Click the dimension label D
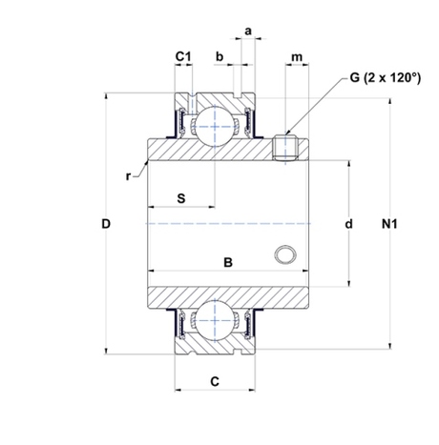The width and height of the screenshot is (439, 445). pos(106,224)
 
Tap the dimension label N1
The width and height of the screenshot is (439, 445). pos(389,224)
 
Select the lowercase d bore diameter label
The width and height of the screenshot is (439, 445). pos(349,224)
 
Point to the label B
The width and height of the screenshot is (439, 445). pos(228,263)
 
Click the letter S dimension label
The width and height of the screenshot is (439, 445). pos(181,198)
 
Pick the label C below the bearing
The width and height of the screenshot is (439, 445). pos(215,381)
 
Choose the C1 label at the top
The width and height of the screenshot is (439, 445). pos(183,56)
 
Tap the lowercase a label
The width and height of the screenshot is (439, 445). pos(248,31)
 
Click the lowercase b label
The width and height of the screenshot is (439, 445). pos(219,56)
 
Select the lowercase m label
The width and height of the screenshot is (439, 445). pos(297,57)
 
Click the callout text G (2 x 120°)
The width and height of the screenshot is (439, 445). pos(385,77)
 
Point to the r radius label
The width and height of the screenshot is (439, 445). pos(128,176)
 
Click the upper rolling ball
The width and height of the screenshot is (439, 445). pos(215,126)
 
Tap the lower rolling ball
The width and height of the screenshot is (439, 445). pos(215,321)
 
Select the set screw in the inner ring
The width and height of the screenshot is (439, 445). pos(285,148)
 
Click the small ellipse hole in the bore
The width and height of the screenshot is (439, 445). pos(285,254)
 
